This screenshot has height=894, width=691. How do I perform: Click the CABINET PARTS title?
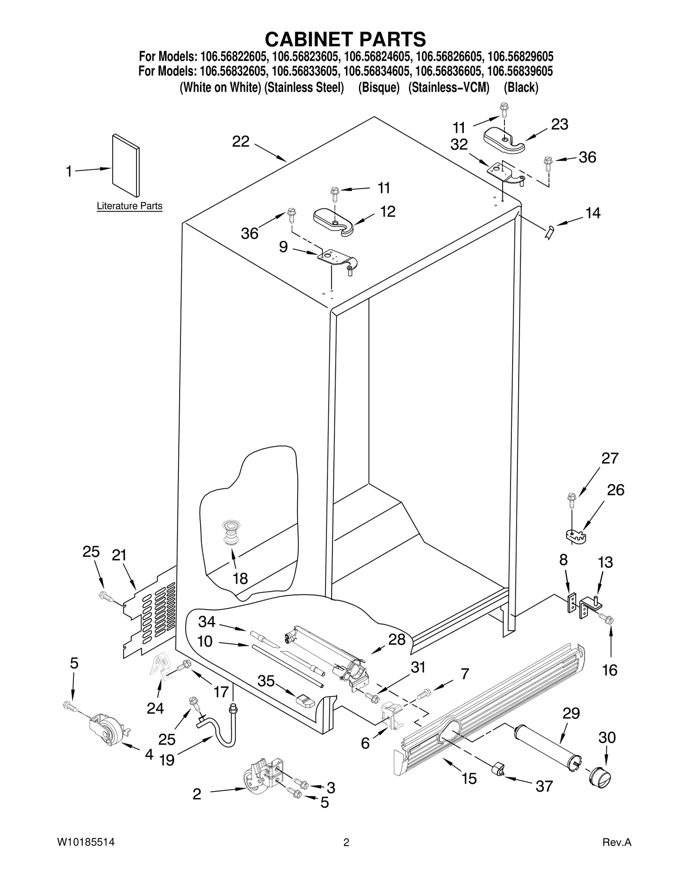pyautogui.click(x=345, y=39)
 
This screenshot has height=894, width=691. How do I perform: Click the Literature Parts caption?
pyautogui.click(x=129, y=206)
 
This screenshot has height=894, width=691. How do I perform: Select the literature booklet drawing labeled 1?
pyautogui.click(x=126, y=166)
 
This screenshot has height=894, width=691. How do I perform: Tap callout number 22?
pyautogui.click(x=241, y=142)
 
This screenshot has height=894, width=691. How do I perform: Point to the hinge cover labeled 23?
pyautogui.click(x=504, y=140)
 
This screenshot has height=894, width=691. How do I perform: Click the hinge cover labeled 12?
pyautogui.click(x=333, y=221)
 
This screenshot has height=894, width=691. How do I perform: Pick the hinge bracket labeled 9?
pyautogui.click(x=337, y=260)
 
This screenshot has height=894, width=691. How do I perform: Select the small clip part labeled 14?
pyautogui.click(x=549, y=232)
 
